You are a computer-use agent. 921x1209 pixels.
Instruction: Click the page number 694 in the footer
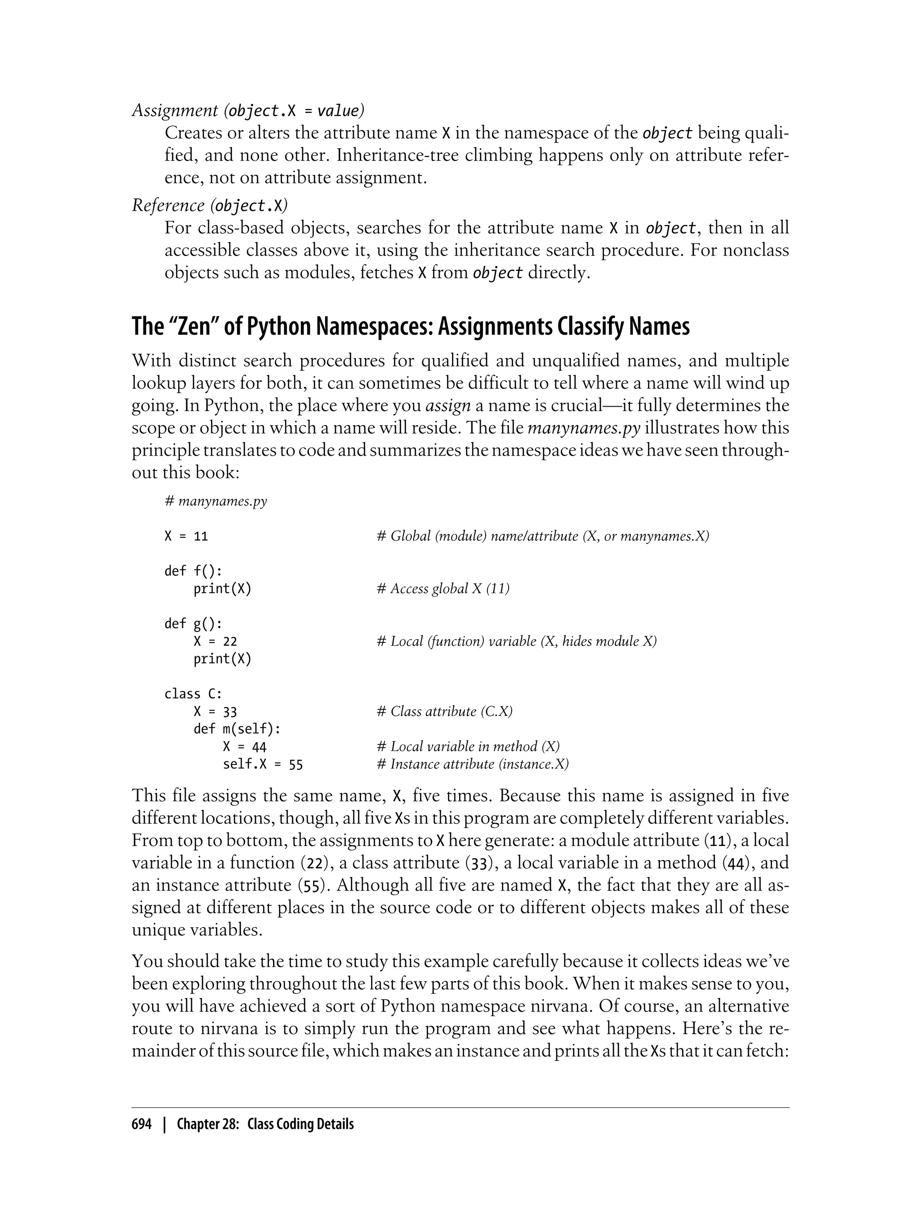[142, 1124]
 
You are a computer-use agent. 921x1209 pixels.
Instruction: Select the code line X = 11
[186, 536]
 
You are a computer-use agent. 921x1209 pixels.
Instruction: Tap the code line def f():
[193, 571]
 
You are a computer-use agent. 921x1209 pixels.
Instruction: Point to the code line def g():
[193, 623]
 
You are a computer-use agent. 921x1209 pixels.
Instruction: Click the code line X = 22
[215, 641]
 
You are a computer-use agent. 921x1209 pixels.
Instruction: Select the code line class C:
[193, 694]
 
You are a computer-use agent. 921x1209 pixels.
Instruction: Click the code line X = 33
[215, 711]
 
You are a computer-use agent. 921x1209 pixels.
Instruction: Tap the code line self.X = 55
[263, 764]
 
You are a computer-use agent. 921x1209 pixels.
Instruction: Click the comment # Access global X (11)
[443, 588]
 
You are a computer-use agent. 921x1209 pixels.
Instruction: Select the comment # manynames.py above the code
[215, 501]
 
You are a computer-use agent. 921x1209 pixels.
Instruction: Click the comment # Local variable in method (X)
[468, 746]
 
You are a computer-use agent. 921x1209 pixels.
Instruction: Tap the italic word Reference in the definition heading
[168, 206]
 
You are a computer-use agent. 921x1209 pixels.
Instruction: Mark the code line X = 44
[245, 746]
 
